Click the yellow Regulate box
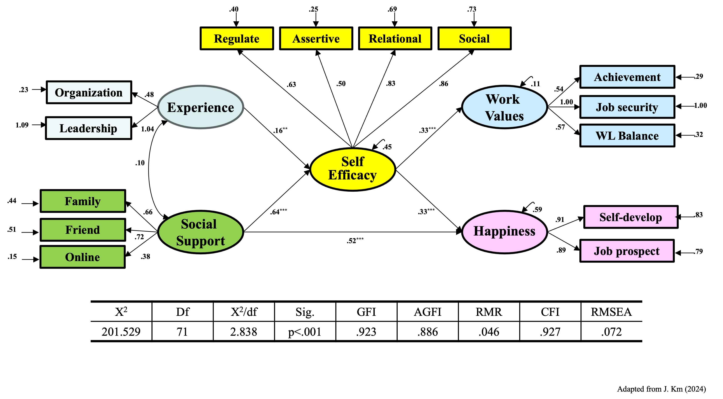click(237, 38)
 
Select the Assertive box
click(316, 38)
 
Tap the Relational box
click(395, 38)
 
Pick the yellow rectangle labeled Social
click(474, 38)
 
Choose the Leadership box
click(88, 128)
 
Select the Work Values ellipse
click(504, 107)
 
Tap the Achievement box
click(627, 77)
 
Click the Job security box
click(627, 107)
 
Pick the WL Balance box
click(627, 136)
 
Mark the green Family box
click(83, 201)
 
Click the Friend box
click(83, 230)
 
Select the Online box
click(82, 257)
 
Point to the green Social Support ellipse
click(200, 232)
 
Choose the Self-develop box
click(631, 217)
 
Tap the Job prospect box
click(627, 251)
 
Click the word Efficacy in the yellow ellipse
click(352, 175)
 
